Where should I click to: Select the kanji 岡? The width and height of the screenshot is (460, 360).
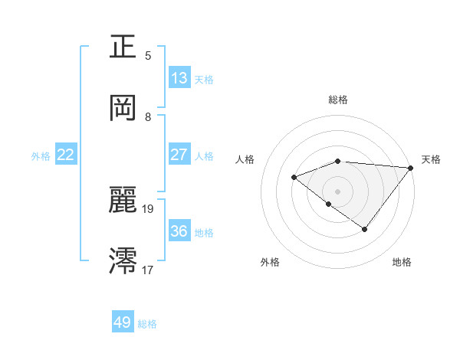123,108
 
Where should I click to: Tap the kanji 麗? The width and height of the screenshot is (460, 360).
123,200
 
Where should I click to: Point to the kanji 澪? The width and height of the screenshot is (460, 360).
123,260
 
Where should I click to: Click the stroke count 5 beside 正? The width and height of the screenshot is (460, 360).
148,56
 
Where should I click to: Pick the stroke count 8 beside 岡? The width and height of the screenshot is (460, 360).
148,117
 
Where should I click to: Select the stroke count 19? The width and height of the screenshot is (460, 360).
148,208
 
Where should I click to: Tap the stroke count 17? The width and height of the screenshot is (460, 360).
148,270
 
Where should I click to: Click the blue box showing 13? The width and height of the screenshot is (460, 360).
179,78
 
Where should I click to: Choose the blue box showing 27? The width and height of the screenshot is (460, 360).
179,155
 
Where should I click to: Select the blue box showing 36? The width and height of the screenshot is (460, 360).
179,231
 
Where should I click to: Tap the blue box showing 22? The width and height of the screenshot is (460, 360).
66,155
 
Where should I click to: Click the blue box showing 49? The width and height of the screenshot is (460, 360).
123,322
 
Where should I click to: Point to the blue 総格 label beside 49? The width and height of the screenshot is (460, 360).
147,324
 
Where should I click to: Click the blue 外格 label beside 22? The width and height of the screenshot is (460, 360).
41,156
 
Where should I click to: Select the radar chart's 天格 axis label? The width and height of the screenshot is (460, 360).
431,159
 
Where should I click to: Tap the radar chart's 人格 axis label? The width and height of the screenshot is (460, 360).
246,159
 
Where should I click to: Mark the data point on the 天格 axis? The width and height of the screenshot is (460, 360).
411,168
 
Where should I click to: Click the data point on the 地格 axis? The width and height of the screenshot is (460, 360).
365,229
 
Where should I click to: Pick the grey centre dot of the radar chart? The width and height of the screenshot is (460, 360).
337,191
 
